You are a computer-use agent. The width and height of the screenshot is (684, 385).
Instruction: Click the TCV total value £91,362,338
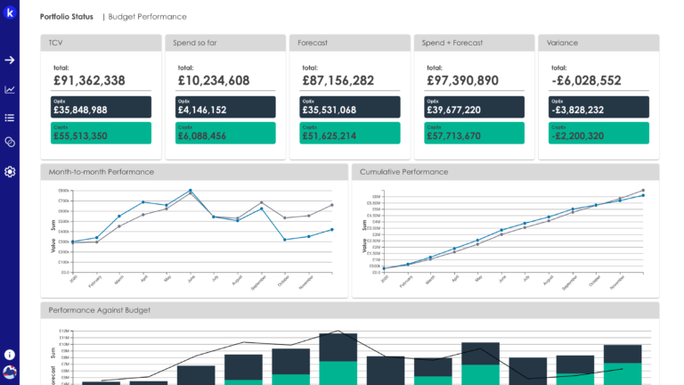point(89,81)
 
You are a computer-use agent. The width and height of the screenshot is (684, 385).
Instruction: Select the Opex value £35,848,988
point(80,111)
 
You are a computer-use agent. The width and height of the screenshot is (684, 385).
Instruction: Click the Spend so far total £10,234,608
point(214,81)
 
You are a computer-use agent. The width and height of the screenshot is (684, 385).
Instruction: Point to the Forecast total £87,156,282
point(338,81)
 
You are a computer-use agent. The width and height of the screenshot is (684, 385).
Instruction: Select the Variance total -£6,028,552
point(586,81)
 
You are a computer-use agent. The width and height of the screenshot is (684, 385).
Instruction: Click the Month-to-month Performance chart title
point(102,172)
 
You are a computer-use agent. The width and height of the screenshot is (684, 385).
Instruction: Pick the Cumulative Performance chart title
point(404,172)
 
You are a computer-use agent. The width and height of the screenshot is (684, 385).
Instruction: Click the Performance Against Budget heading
point(100,310)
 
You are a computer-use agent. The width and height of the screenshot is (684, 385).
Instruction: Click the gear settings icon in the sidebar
point(10,171)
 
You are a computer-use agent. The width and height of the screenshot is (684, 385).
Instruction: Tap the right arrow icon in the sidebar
point(10,60)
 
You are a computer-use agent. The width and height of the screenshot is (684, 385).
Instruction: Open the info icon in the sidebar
point(10,354)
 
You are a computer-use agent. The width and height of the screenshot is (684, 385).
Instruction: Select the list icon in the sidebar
point(10,117)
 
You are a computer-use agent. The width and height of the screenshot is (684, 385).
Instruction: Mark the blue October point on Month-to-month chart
point(284,240)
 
